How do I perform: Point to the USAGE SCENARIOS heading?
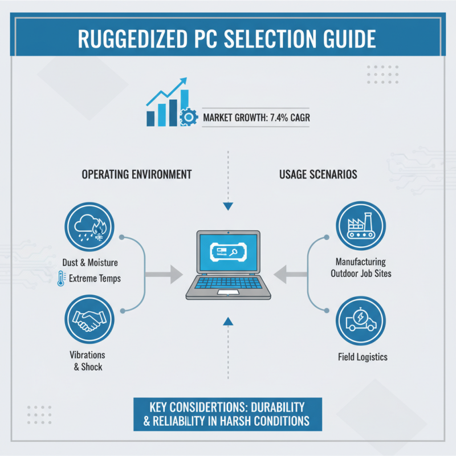tap(318, 174)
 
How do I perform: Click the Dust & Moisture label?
tap(89, 263)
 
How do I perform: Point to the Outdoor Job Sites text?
tap(360, 274)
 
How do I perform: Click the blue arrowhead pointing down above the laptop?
tap(228, 206)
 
